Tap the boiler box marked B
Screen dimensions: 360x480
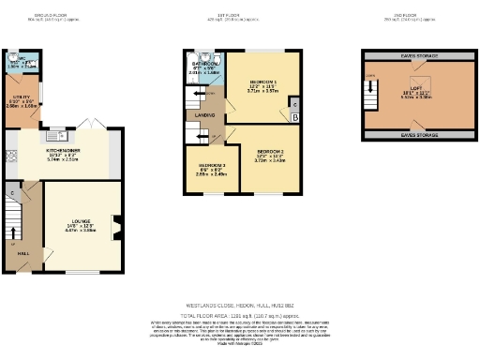296,116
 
